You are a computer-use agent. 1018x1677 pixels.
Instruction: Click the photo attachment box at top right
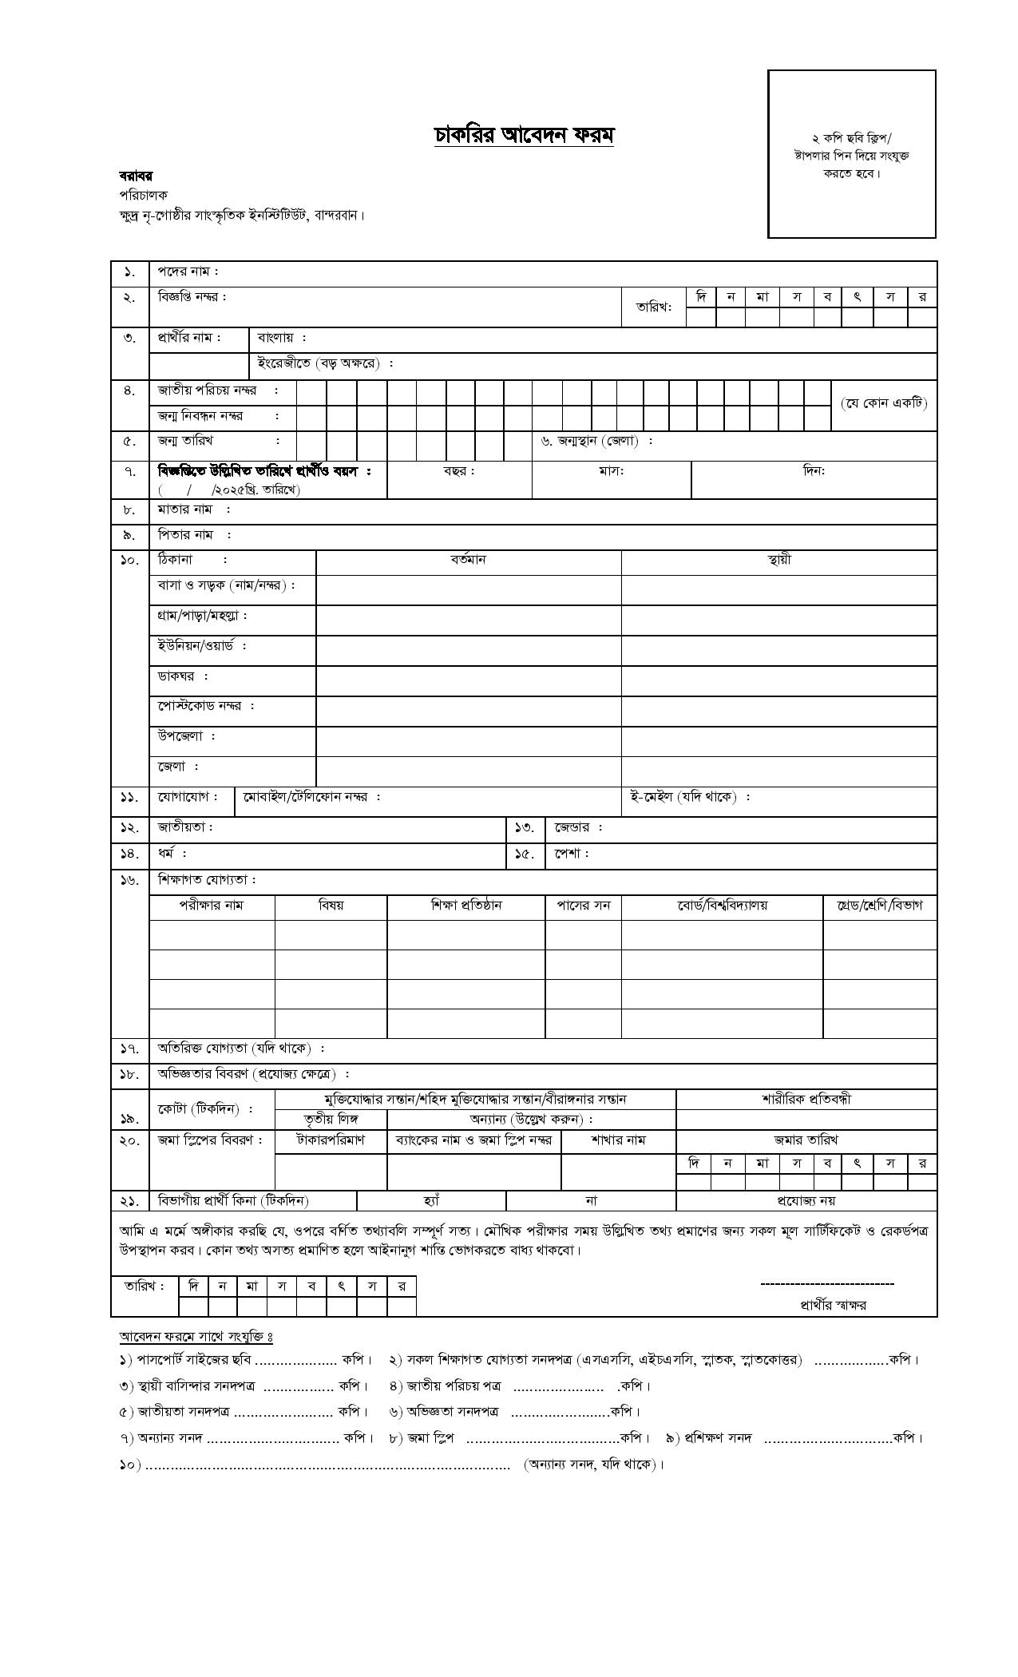[x=851, y=153]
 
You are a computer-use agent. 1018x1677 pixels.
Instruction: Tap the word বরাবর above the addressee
[x=136, y=176]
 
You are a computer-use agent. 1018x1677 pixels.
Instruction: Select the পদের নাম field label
[x=188, y=272]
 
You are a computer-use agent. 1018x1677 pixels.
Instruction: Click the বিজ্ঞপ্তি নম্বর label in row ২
[x=192, y=297]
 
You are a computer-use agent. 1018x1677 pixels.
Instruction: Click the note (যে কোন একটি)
[x=884, y=403]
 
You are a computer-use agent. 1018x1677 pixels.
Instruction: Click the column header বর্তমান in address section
[x=468, y=560]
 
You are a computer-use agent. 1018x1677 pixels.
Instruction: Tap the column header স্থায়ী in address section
[x=778, y=560]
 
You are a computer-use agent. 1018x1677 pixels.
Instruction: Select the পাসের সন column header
[x=583, y=906]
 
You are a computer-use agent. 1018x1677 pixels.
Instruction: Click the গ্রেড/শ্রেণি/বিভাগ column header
[x=879, y=906]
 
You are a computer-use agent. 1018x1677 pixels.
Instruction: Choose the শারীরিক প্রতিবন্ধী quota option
[x=806, y=1099]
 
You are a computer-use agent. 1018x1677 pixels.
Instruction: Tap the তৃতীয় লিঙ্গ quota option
[x=331, y=1119]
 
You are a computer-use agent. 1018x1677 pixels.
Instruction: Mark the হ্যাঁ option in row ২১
[x=431, y=1200]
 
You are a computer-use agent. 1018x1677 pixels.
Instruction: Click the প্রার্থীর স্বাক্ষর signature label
[x=833, y=1306]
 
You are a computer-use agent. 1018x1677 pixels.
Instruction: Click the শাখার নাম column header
[x=618, y=1140]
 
